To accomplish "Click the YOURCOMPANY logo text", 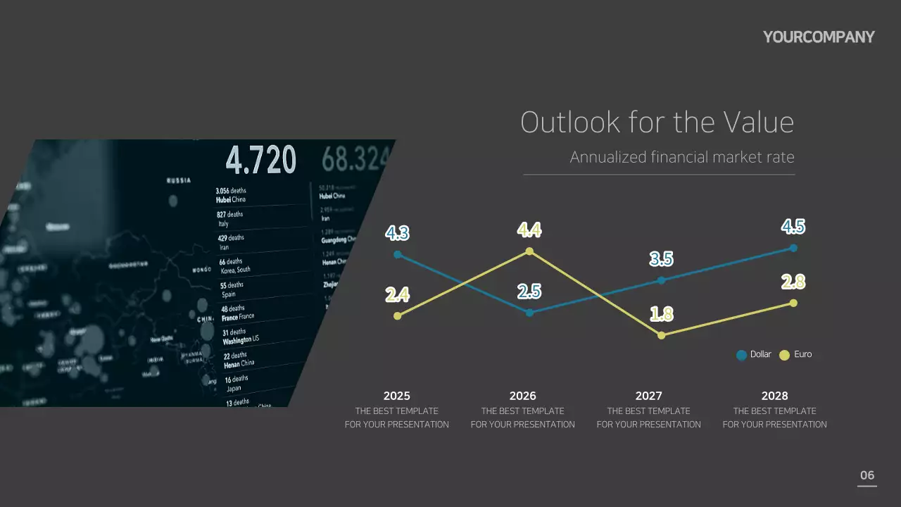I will (819, 37).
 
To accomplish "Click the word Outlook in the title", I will (570, 123).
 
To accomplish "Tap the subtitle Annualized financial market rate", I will (681, 157).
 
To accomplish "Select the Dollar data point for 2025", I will (398, 254).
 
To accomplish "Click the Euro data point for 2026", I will (529, 251).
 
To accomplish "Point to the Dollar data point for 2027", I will (661, 280).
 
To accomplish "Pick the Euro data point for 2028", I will (793, 303).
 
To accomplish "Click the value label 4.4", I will (529, 230).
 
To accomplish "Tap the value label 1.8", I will (661, 314).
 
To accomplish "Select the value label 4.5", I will (793, 227).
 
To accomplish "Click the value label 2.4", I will (398, 294).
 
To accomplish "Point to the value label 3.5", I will (661, 259).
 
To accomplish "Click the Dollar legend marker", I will (741, 355).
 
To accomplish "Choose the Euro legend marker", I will (784, 355).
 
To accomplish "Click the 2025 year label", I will (397, 396).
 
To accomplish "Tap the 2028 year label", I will (774, 396).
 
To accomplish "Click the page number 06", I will (867, 475).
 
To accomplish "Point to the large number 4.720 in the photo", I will (260, 161).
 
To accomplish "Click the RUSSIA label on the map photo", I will (178, 180).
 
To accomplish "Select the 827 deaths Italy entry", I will (229, 218).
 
